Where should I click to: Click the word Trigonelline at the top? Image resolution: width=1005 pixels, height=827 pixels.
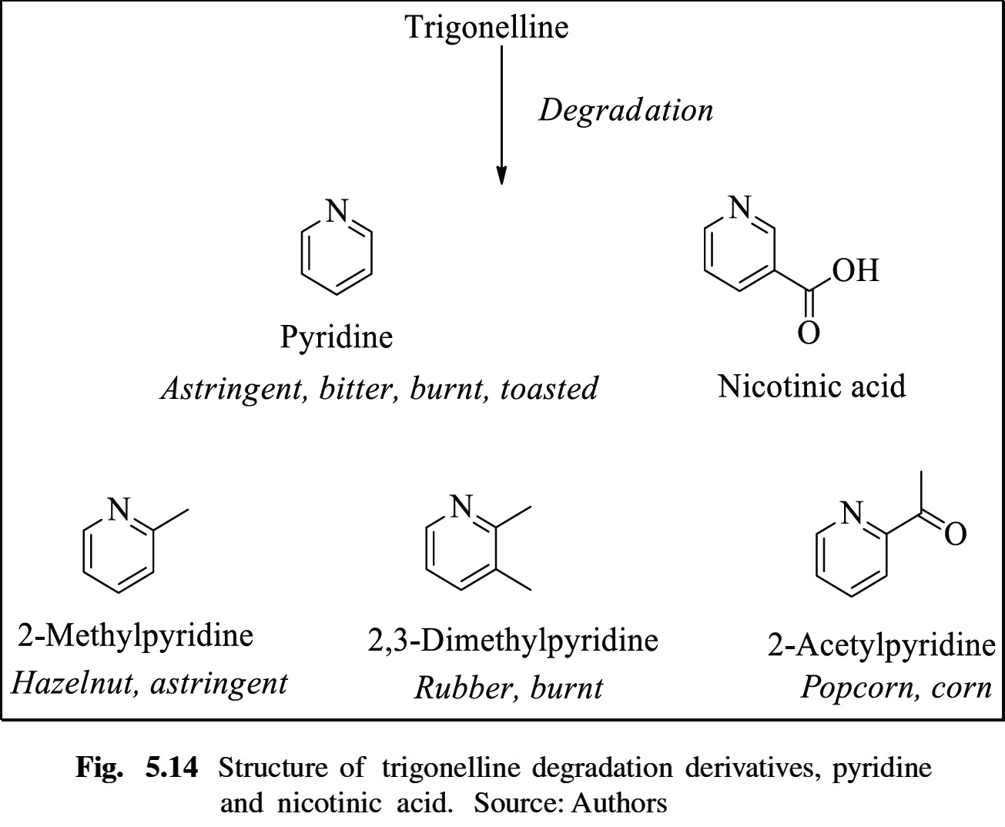click(x=487, y=28)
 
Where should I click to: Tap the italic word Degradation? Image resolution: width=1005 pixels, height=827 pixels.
click(x=625, y=111)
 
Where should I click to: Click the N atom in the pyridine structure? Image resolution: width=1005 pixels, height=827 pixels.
click(x=337, y=210)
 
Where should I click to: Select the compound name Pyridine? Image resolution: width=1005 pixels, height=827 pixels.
click(x=337, y=337)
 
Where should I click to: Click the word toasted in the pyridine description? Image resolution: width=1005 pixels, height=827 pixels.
click(x=548, y=389)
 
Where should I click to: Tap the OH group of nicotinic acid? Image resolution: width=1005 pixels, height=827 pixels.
click(x=855, y=270)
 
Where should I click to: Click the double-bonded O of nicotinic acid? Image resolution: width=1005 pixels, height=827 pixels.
click(x=808, y=333)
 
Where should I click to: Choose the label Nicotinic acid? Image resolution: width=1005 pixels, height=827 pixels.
click(x=812, y=386)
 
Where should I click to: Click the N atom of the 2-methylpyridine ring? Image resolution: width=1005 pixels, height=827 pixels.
click(x=119, y=509)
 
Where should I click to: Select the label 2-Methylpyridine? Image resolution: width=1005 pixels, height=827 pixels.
click(x=136, y=636)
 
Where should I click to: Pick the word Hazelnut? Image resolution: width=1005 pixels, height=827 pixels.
click(x=75, y=684)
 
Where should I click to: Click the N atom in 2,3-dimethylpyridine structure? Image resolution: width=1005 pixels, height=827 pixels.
click(x=461, y=506)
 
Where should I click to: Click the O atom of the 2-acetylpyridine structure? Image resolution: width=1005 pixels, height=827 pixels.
click(x=955, y=533)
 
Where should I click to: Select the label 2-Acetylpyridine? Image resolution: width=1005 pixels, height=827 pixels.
click(x=881, y=645)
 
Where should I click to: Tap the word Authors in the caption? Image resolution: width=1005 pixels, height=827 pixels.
click(x=619, y=803)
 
